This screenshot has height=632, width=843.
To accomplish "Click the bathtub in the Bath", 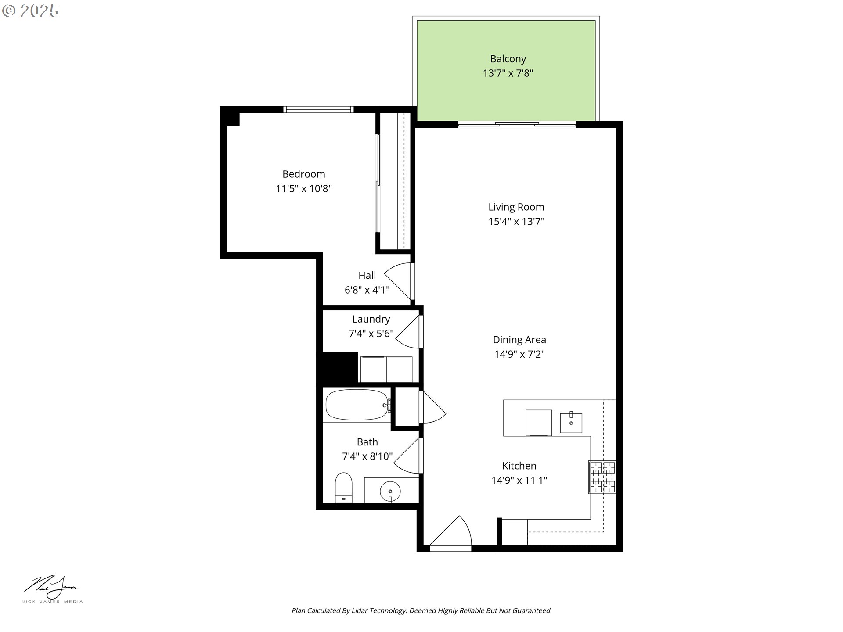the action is coord(357,405).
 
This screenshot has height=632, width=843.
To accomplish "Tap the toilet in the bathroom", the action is coord(343,487).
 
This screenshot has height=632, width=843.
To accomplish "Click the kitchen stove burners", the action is coord(602,477).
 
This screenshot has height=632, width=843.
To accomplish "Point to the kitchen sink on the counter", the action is coord(571,423).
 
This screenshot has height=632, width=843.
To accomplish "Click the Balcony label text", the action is coord(508,59).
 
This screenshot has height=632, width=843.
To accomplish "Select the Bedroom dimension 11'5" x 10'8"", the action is coord(304,189).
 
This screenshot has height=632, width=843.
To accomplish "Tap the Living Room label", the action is coord(516,207).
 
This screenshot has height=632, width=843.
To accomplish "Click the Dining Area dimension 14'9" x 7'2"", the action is coord(519,354).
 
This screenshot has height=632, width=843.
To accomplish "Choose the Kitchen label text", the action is coord(519,466).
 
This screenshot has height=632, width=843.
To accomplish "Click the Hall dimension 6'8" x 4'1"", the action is coord(367,290).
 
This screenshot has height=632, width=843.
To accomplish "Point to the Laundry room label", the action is coord(371,319).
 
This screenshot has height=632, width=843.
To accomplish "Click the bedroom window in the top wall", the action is coord(318,109).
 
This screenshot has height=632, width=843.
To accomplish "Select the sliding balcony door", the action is coord(517,125).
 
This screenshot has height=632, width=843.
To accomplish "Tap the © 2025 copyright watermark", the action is coord(30,11).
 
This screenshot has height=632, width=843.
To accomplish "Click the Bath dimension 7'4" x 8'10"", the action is coord(367,456).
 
